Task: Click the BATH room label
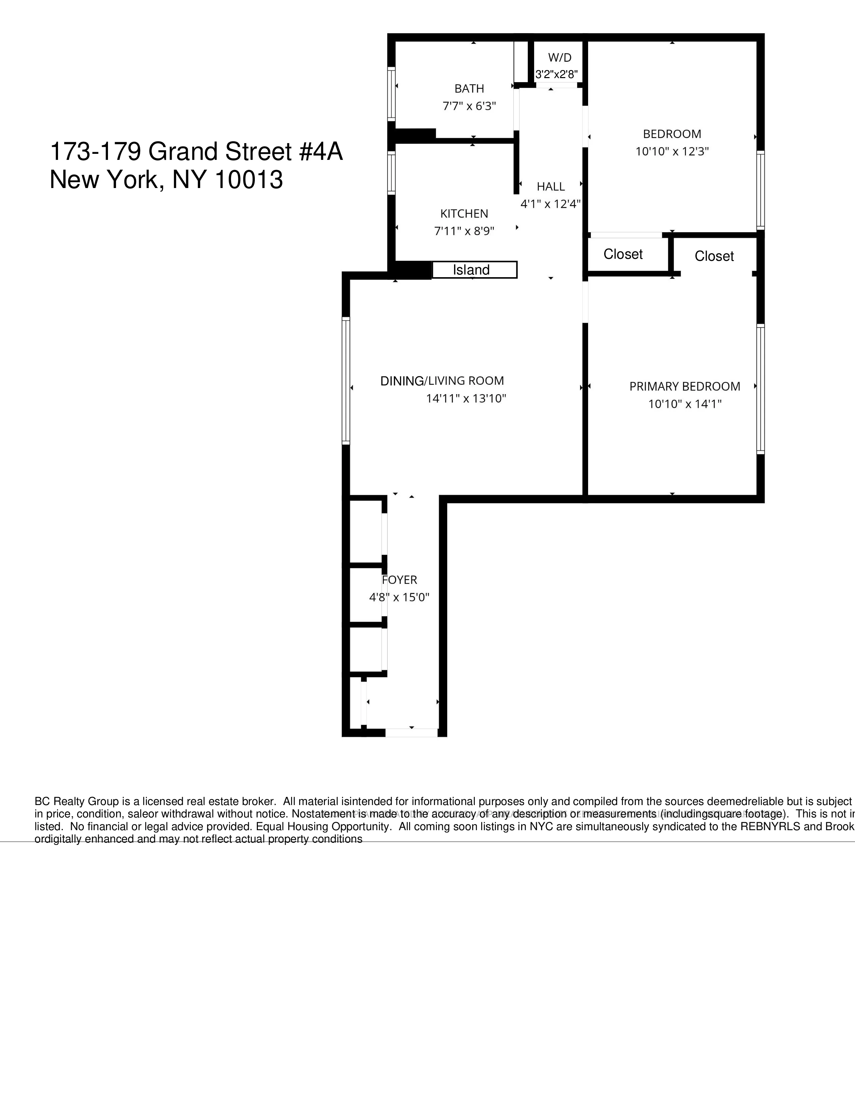[x=469, y=88]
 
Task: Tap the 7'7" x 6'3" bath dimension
[x=469, y=106]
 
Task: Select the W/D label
[x=560, y=58]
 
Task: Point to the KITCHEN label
[x=464, y=214]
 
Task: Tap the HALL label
[x=551, y=186]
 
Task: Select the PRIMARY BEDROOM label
[x=685, y=386]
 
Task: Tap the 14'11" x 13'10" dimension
[x=466, y=398]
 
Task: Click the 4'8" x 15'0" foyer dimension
[x=399, y=597]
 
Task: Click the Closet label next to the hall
[x=623, y=254]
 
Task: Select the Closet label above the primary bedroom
[x=714, y=256]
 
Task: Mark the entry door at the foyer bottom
[x=411, y=732]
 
